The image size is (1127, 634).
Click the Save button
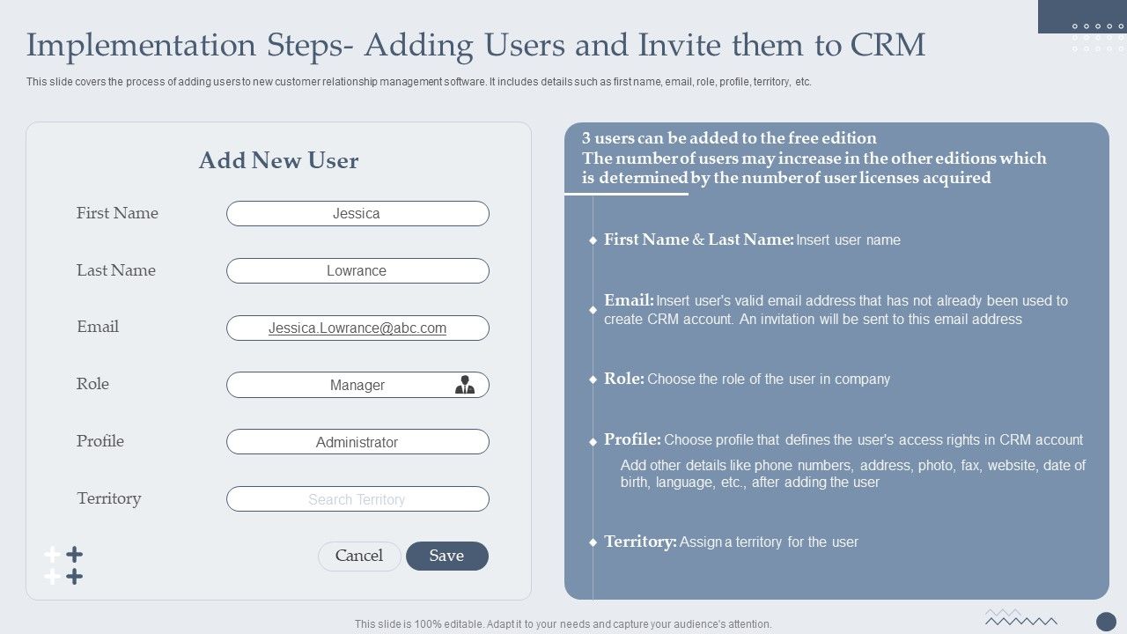446,556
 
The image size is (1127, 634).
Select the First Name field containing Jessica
357,214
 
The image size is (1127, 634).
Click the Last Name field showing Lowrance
357,271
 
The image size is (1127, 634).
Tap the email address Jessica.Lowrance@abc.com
357,328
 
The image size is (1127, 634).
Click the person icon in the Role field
464,385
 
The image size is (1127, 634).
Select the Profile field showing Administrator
357,442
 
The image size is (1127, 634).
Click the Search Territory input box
357,499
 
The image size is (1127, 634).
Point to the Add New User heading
278,160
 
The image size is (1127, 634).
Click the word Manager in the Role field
357,385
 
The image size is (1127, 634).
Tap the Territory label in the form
109,498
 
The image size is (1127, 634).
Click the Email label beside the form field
98,327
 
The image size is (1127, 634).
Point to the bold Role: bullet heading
624,379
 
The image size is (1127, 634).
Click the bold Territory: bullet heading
640,542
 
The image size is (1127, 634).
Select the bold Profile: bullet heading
632,439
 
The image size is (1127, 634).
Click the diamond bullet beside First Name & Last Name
593,240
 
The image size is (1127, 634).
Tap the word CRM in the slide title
888,44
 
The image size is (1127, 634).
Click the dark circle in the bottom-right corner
1106,622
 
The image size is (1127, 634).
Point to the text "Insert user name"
848,240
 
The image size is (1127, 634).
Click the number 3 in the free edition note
586,138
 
